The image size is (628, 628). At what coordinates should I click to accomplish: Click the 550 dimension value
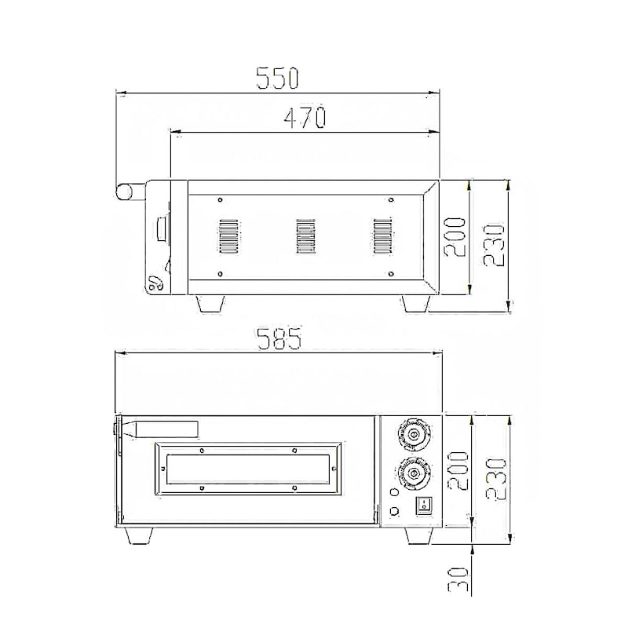(x=278, y=77)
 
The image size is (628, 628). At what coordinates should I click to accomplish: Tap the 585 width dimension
(x=279, y=338)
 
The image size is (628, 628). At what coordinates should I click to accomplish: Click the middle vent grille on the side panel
(x=305, y=236)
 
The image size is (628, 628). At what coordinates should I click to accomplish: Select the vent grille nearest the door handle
(x=227, y=236)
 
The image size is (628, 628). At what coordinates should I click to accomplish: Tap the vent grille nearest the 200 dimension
(x=382, y=236)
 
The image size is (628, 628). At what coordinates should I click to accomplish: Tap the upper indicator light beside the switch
(x=395, y=494)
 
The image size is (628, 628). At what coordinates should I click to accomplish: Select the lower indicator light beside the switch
(x=395, y=513)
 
